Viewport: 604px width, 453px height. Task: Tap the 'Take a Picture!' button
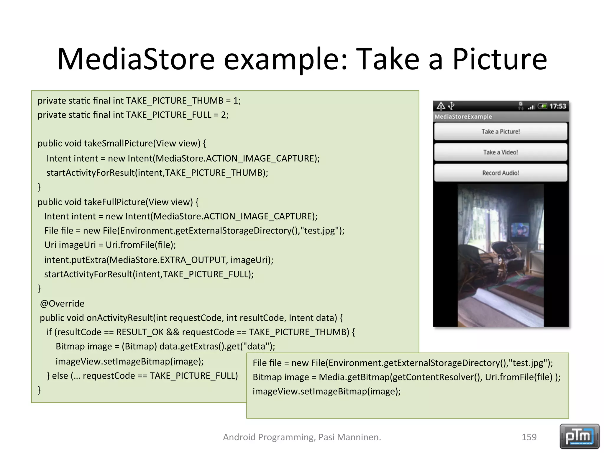(x=500, y=132)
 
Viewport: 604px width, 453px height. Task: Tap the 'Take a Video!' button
(x=500, y=152)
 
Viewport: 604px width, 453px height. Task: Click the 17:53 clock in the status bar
(x=558, y=106)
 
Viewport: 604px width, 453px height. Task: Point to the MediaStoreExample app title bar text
(x=463, y=116)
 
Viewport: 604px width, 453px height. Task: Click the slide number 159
(x=529, y=437)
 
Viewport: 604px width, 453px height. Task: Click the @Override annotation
(x=62, y=303)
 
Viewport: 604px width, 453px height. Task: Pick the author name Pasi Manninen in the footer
(x=349, y=437)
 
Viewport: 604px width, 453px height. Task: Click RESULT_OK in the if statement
(x=140, y=332)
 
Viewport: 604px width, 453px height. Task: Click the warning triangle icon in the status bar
(x=441, y=106)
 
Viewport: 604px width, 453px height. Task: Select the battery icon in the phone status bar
(x=542, y=106)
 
